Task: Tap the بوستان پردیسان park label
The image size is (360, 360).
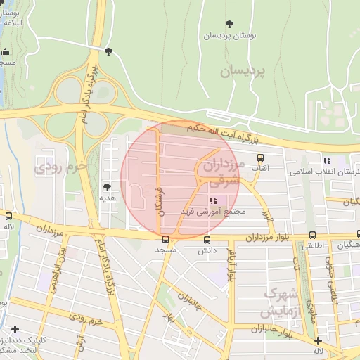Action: [x=231, y=35]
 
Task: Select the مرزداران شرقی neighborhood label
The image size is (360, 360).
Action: [x=221, y=172]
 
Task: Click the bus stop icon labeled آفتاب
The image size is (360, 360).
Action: [x=261, y=157]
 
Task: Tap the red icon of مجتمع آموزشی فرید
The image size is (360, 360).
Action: [x=214, y=201]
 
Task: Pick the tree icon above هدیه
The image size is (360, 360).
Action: [x=107, y=187]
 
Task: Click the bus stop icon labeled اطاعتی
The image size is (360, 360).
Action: [x=312, y=236]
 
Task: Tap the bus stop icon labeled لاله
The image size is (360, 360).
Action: [x=8, y=217]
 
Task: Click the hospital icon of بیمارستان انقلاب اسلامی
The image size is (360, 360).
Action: [x=326, y=160]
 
